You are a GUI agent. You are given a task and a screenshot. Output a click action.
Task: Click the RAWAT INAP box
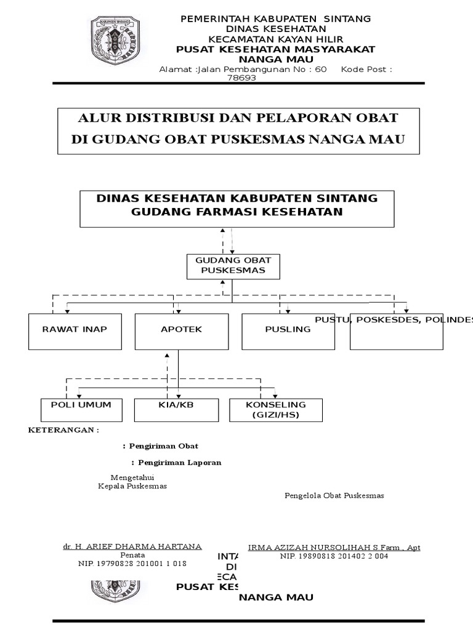pyautogui.click(x=75, y=331)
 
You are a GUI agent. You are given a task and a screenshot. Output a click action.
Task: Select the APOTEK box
pyautogui.click(x=178, y=331)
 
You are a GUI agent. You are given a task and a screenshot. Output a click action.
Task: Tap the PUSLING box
pyautogui.click(x=288, y=331)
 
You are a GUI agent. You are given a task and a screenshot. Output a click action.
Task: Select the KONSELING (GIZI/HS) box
pyautogui.click(x=276, y=410)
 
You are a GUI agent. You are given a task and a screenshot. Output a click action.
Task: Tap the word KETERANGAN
pyautogui.click(x=63, y=430)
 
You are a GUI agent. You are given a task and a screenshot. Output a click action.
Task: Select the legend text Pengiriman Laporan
pyautogui.click(x=178, y=462)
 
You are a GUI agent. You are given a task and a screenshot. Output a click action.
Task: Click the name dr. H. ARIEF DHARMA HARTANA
pyautogui.click(x=132, y=546)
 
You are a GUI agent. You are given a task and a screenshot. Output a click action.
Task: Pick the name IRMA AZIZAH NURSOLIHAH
pyautogui.click(x=333, y=548)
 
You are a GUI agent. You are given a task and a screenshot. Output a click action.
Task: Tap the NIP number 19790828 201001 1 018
pyautogui.click(x=132, y=563)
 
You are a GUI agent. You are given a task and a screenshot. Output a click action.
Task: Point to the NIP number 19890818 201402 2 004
pyautogui.click(x=334, y=556)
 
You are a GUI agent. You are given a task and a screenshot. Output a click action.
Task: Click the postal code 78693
pyautogui.click(x=241, y=78)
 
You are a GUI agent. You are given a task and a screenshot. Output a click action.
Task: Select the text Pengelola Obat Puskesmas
pyautogui.click(x=334, y=495)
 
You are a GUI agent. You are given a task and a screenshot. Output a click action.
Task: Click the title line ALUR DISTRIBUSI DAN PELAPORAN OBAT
pyautogui.click(x=238, y=118)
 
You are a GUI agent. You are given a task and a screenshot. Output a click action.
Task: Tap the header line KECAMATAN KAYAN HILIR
pyautogui.click(x=275, y=39)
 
